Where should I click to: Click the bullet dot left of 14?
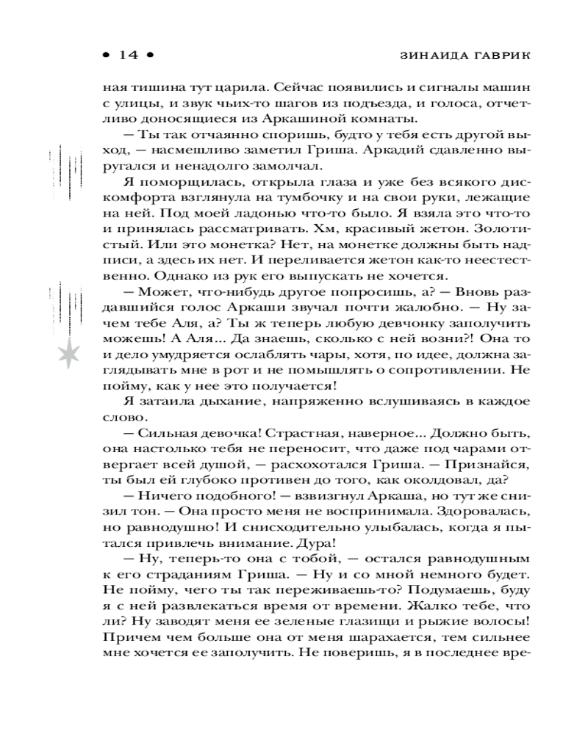pyautogui.click(x=106, y=54)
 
